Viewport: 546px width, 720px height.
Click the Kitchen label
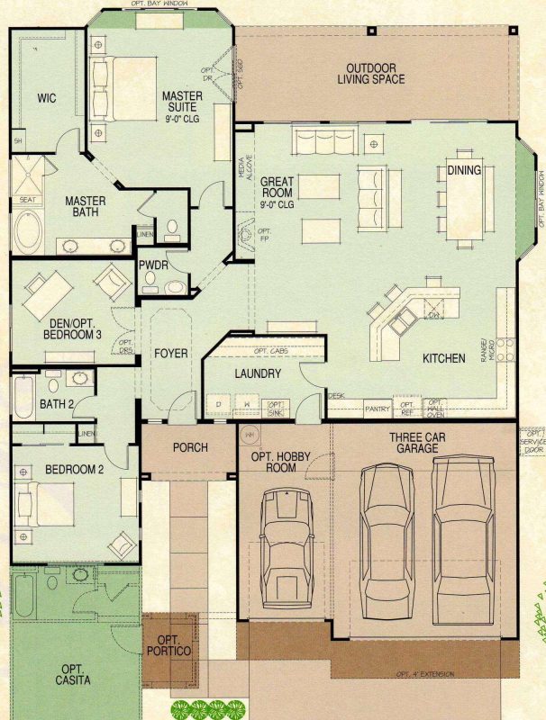[x=444, y=358]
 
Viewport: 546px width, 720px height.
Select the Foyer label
[x=171, y=353]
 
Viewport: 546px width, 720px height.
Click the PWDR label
[x=150, y=265]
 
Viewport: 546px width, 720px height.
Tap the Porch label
[x=190, y=447]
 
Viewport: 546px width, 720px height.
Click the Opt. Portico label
[x=171, y=644]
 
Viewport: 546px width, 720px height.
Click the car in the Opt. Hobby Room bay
[x=287, y=550]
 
